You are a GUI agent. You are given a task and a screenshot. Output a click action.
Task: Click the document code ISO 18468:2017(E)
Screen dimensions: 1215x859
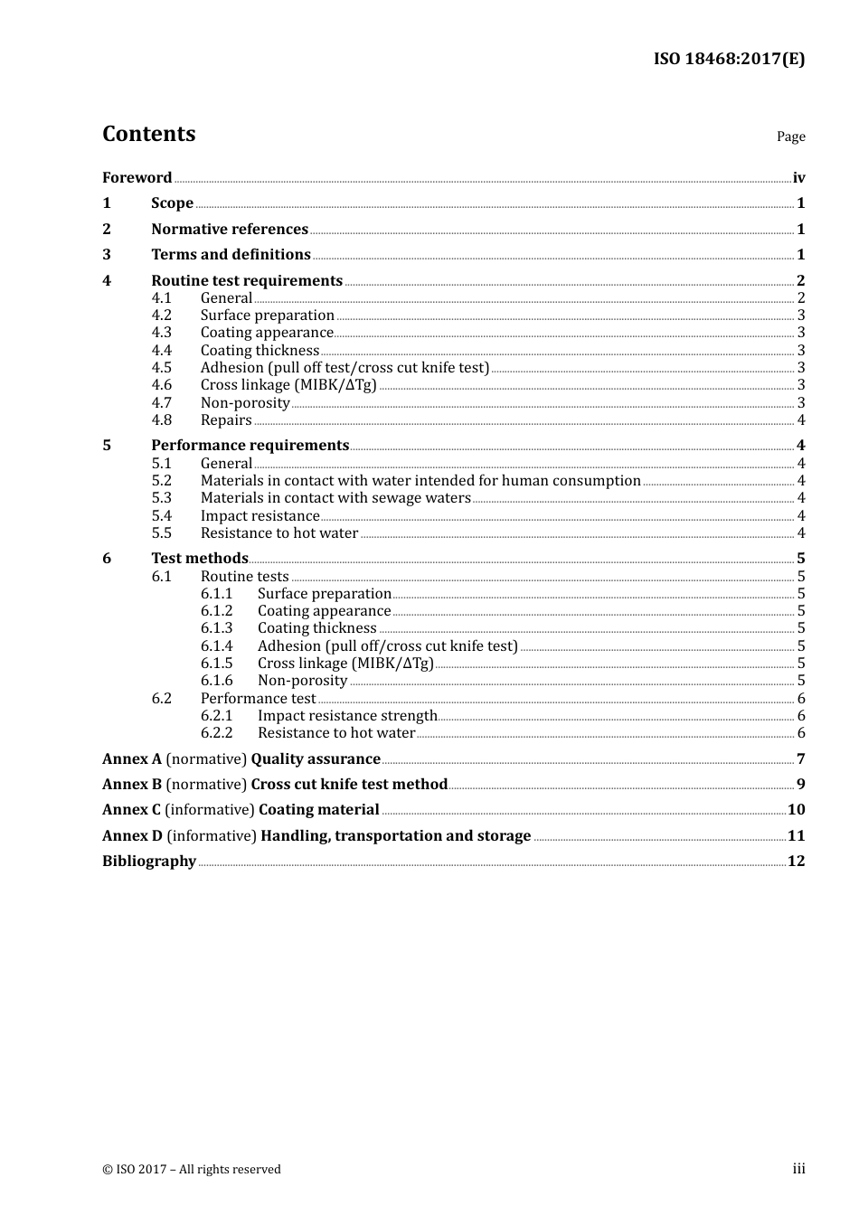(x=729, y=59)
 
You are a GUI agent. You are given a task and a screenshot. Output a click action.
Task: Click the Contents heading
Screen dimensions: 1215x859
(x=148, y=134)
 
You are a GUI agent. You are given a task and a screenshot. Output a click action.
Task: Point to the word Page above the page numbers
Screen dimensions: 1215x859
(x=790, y=137)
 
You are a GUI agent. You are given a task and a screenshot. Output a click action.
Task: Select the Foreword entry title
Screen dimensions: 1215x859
(x=137, y=178)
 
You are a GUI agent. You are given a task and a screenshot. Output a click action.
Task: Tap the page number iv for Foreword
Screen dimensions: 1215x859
(x=798, y=178)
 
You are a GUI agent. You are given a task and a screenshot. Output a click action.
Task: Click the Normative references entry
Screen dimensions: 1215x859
(x=230, y=230)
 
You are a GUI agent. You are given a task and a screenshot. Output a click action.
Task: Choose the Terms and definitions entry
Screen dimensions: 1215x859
(x=231, y=255)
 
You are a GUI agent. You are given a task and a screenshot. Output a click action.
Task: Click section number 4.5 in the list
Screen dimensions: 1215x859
(x=162, y=368)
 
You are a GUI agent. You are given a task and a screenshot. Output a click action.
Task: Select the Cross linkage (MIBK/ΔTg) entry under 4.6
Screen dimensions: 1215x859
(x=288, y=385)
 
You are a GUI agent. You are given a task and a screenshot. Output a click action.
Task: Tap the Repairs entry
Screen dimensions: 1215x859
(x=226, y=420)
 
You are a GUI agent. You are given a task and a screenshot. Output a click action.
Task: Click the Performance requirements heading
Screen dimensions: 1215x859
(x=250, y=446)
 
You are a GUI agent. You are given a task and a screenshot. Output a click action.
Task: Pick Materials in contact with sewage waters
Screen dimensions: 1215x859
(x=335, y=498)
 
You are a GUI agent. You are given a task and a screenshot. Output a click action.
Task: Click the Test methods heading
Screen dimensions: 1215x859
(x=200, y=559)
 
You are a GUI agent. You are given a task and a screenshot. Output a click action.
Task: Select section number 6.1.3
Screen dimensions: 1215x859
(x=216, y=628)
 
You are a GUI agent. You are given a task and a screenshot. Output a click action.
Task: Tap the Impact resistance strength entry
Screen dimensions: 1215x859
(x=347, y=716)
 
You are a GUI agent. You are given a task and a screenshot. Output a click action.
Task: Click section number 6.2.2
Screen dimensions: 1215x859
(x=216, y=733)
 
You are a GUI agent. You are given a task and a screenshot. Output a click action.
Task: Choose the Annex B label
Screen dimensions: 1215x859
(x=131, y=785)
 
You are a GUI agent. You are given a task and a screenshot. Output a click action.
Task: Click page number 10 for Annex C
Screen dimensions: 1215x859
(x=796, y=810)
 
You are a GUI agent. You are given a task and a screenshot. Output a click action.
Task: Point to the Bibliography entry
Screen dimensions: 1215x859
(x=149, y=862)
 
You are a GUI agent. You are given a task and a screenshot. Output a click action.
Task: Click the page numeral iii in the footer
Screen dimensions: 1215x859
(x=798, y=1169)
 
